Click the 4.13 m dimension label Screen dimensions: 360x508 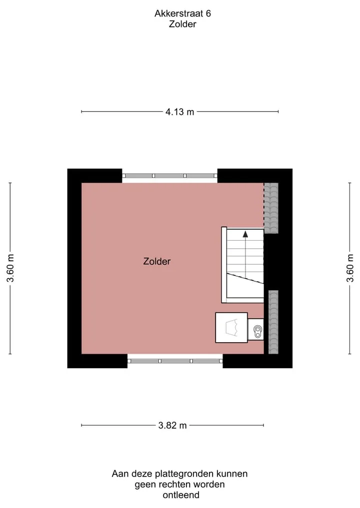coord(179,112)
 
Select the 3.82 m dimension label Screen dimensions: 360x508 coord(172,425)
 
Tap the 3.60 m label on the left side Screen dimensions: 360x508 coord(10,268)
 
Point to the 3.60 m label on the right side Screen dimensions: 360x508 coord(349,268)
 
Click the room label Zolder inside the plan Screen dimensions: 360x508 coord(157,261)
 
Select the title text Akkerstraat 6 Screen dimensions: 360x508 coord(182,13)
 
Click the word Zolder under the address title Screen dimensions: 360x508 coord(182,24)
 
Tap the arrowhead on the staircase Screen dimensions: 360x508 coord(245,234)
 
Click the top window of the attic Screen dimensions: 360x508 coord(169,176)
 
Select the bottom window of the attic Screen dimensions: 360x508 coord(175,361)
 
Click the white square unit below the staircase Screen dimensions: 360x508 coord(231,328)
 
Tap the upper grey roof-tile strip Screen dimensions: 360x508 coord(271,208)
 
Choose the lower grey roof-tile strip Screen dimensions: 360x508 coord(273,322)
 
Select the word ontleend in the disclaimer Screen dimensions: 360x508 coord(181,495)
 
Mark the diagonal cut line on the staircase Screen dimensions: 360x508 coord(245,278)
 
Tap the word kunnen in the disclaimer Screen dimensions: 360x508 coord(232,474)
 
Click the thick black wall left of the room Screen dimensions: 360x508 coord(74,268)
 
